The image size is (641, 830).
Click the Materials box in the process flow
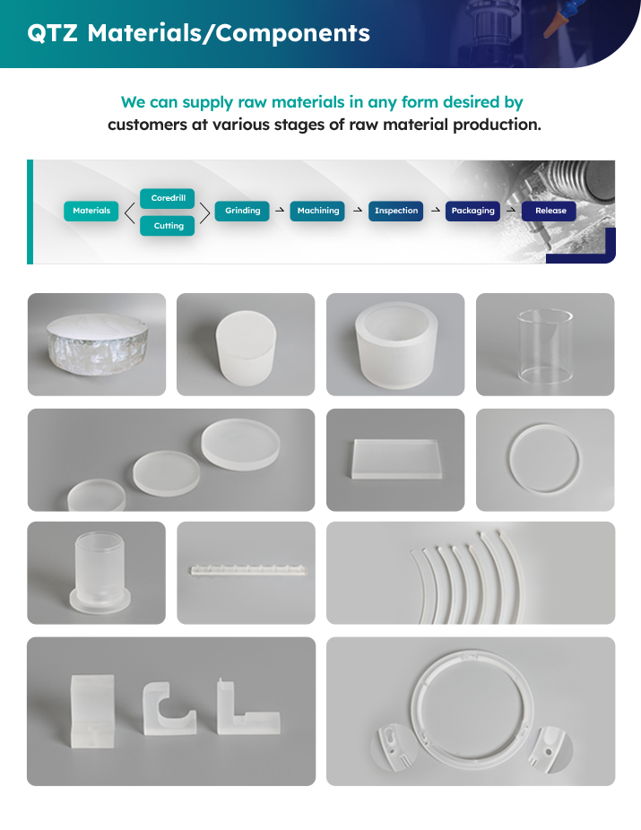(91, 211)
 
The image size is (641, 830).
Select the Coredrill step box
(168, 198)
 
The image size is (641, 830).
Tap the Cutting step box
(168, 226)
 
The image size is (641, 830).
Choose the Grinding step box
(242, 211)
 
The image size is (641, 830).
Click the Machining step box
(317, 211)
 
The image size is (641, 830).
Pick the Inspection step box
(396, 211)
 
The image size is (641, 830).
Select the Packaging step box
(472, 211)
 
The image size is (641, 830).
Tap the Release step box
(550, 211)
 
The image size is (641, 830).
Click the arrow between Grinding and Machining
(280, 210)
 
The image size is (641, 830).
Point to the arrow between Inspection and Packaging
(436, 210)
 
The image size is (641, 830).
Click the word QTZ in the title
(52, 33)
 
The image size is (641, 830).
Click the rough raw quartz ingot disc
(97, 344)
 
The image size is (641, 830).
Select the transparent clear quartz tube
(545, 347)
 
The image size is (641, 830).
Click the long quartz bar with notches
(248, 570)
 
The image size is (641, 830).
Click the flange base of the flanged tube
(100, 602)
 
